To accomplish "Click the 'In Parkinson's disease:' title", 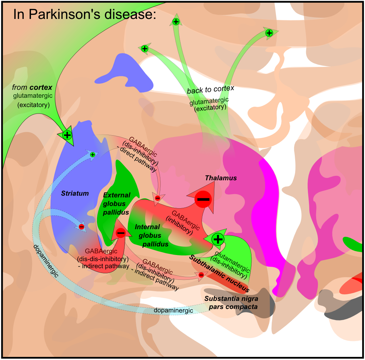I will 85,14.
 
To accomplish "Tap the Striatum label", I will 75,193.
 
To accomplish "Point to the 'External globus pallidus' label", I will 116,203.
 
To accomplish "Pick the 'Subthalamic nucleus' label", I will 219,274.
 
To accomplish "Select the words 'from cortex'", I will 32,87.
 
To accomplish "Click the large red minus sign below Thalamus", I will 203,199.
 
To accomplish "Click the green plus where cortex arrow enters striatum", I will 67,135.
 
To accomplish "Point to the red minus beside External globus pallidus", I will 121,233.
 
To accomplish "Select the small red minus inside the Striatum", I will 82,226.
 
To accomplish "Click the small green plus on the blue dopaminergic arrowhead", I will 92,155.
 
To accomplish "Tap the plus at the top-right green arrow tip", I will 269,33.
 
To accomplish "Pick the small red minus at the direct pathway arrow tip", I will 157,198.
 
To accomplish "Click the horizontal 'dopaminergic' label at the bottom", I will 173,310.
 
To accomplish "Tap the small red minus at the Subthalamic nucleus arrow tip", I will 201,275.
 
